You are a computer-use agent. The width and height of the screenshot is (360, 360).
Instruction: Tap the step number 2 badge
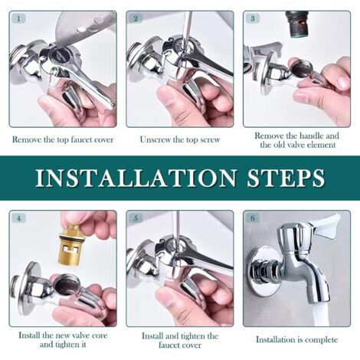click(x=136, y=18)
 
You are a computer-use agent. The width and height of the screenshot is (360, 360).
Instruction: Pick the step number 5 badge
click(x=136, y=218)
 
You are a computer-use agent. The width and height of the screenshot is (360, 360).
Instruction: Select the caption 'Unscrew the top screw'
click(x=179, y=139)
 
